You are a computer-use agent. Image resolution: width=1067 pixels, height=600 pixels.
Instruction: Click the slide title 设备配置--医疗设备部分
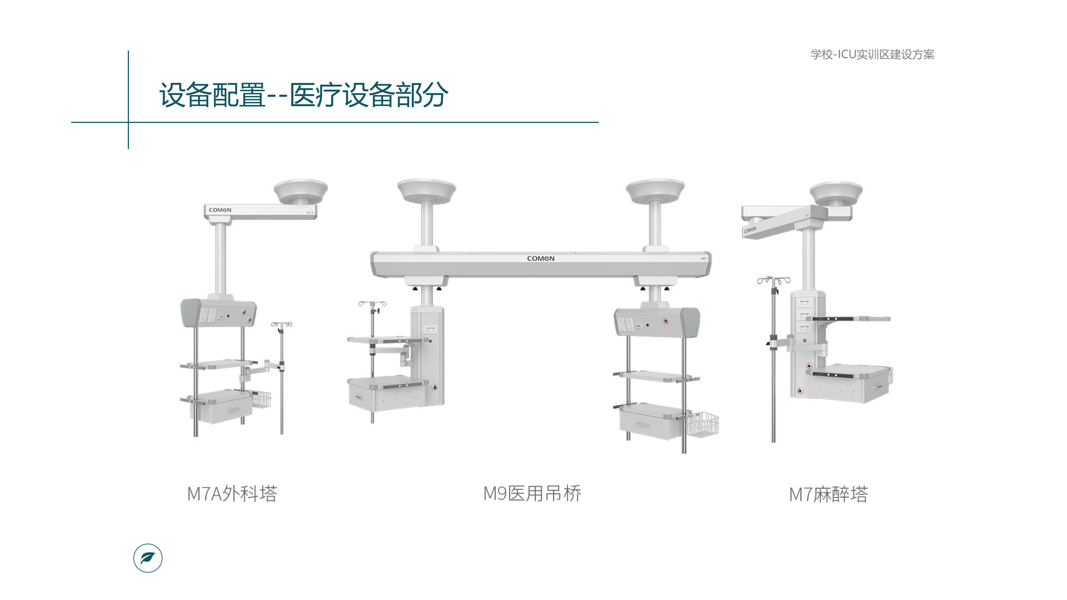click(x=304, y=95)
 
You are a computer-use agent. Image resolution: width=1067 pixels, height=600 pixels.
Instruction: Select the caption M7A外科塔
click(x=232, y=494)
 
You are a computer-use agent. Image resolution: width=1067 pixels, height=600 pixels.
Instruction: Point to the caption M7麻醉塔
click(x=828, y=494)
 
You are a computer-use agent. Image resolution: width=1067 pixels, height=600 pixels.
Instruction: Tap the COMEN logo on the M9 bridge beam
click(x=541, y=258)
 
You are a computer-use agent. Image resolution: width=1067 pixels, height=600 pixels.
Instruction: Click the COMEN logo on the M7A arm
click(x=220, y=210)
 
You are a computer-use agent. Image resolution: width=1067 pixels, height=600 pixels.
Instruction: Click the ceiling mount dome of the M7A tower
click(x=301, y=190)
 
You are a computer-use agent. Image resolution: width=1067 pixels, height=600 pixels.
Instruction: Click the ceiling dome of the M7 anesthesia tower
click(x=836, y=192)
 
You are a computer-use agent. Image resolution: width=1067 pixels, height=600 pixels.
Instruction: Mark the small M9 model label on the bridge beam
click(x=703, y=258)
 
